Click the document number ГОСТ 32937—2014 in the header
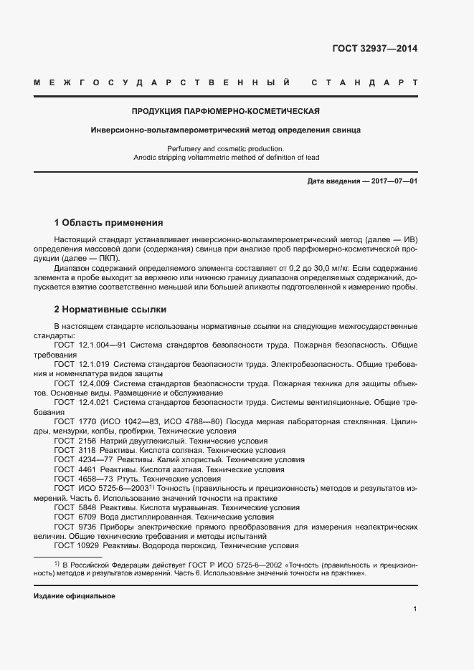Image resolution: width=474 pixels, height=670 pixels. click(375, 49)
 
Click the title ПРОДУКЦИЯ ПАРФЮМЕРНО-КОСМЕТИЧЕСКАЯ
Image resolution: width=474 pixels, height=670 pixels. click(225, 112)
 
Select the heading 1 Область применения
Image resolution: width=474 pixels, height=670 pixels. click(108, 223)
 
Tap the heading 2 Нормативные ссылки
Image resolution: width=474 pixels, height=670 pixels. click(110, 310)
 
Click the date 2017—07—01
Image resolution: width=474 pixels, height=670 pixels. click(392, 181)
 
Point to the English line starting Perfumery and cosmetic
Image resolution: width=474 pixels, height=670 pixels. click(225, 148)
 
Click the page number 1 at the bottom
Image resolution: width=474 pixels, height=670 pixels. click(415, 609)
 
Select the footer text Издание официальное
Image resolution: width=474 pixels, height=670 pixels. click(75, 596)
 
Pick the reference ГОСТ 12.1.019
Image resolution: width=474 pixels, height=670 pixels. click(81, 364)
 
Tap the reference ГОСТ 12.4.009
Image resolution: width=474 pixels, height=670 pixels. click(81, 383)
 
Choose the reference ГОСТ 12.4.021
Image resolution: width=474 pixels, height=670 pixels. click(81, 403)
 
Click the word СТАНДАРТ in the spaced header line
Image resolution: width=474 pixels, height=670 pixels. click(365, 83)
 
